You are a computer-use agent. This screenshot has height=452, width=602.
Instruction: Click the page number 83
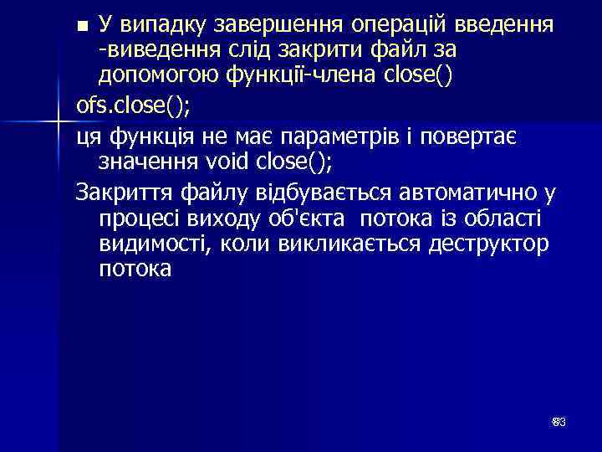(559, 422)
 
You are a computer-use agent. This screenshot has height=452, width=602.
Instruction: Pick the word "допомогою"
(158, 78)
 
